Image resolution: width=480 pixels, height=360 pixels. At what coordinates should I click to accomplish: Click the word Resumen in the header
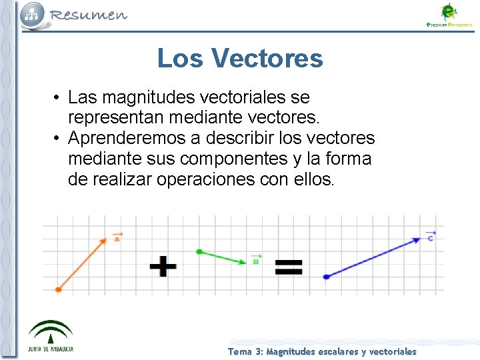point(88,15)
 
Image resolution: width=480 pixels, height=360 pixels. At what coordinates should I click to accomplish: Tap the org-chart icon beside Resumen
point(31,14)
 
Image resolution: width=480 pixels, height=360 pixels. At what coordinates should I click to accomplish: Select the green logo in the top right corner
point(449,15)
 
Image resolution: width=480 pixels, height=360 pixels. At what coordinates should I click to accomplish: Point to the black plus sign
point(163,267)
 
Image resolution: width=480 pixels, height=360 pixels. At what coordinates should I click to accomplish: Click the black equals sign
point(289,267)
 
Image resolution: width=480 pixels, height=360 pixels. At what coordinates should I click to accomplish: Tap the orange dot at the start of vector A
point(59,289)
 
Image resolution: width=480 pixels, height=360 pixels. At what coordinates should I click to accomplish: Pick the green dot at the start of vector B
point(199,251)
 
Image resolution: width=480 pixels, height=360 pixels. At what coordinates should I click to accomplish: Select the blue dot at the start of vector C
point(326,276)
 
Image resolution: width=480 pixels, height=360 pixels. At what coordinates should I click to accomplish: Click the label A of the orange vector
point(117,238)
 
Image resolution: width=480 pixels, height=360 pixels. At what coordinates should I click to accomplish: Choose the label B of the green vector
point(255,261)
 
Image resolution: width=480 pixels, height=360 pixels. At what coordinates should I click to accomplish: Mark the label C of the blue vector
point(431,237)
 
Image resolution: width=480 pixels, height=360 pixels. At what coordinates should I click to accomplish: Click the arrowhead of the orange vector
point(103,241)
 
